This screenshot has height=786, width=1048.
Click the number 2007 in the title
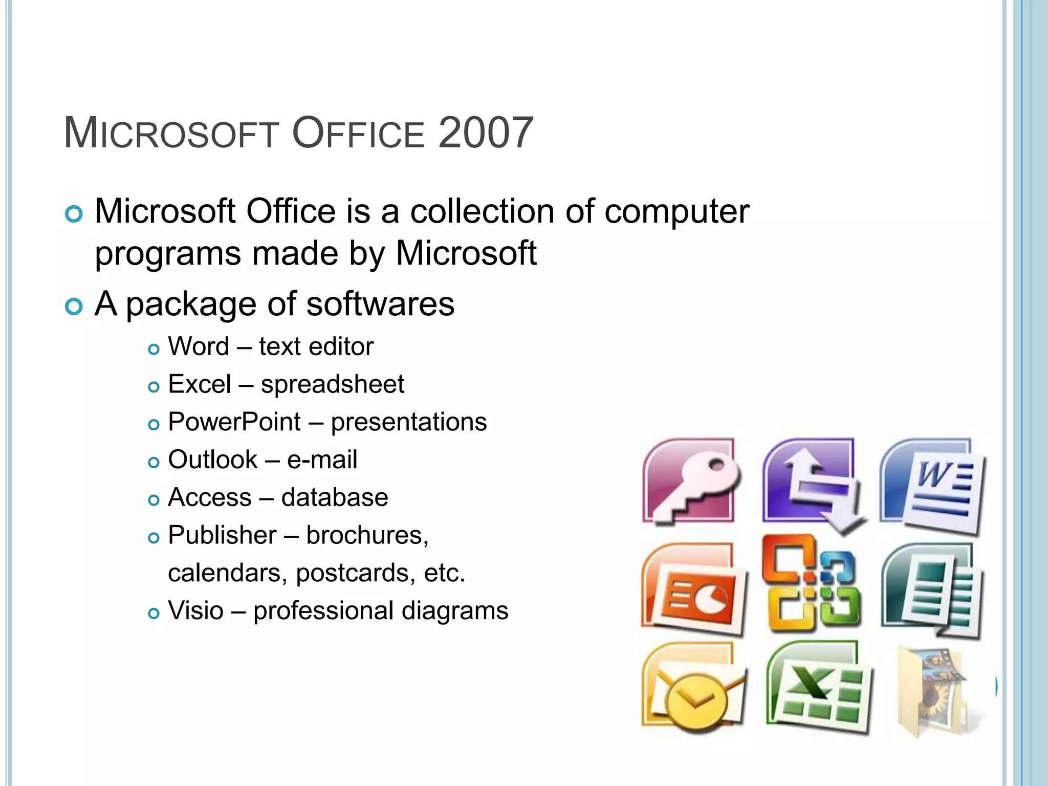pyautogui.click(x=486, y=133)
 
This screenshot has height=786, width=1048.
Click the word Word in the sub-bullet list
pyautogui.click(x=199, y=346)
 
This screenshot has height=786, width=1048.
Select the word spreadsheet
pyautogui.click(x=332, y=384)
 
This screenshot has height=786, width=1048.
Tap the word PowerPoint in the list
pyautogui.click(x=234, y=422)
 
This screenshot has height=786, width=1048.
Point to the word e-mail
pyautogui.click(x=322, y=460)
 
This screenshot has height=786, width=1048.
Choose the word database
pyautogui.click(x=335, y=497)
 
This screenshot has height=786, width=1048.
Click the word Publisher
pyautogui.click(x=222, y=535)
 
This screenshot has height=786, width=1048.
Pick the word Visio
pyautogui.click(x=195, y=610)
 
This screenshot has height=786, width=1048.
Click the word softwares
pyautogui.click(x=380, y=304)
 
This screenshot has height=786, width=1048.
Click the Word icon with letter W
pyautogui.click(x=932, y=486)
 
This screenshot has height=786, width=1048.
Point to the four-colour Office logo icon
pyautogui.click(x=811, y=583)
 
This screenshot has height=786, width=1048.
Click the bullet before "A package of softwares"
pyautogui.click(x=74, y=307)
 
